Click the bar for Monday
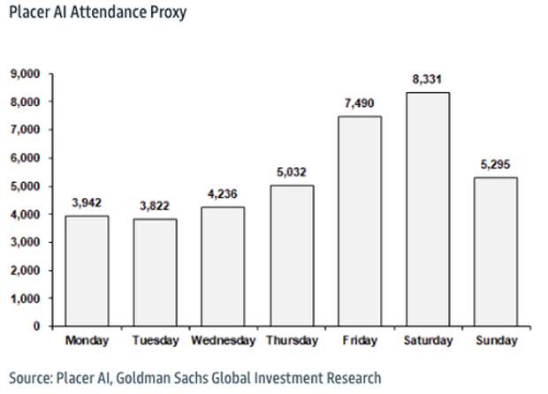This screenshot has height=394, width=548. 87,270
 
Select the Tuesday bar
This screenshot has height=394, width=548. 154,272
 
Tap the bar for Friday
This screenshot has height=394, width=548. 359,221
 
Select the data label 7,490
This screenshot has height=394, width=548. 359,103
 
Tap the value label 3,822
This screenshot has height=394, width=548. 155,206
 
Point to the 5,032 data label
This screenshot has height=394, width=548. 291,172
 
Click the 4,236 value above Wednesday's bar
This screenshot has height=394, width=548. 223,194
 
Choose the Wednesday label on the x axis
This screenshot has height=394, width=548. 223,340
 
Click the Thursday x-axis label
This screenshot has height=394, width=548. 291,340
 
